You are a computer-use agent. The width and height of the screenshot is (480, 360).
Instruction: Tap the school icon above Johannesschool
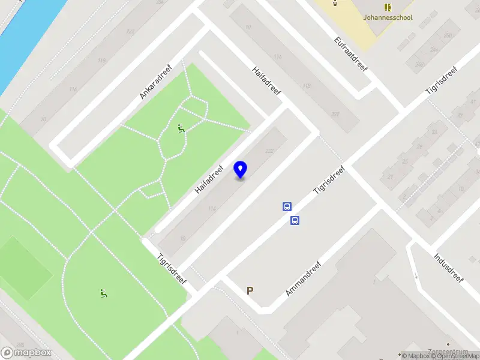click(388, 7)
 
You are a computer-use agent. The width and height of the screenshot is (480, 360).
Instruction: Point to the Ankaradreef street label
click(155, 82)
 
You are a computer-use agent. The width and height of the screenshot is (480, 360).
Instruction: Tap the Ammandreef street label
click(304, 278)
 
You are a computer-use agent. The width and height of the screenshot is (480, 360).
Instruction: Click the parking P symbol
click(250, 290)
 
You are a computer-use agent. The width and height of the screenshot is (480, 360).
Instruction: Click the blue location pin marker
click(241, 169)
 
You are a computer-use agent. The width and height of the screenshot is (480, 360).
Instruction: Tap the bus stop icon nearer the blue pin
click(287, 207)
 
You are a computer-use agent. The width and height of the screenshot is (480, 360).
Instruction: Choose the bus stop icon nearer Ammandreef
click(295, 220)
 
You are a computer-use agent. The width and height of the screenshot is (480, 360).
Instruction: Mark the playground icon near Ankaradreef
click(181, 128)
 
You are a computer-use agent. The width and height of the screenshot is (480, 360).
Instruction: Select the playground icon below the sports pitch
click(103, 293)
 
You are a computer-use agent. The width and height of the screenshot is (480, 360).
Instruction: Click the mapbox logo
click(26, 353)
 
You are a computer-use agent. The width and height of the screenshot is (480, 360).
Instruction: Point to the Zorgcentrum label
click(445, 351)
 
